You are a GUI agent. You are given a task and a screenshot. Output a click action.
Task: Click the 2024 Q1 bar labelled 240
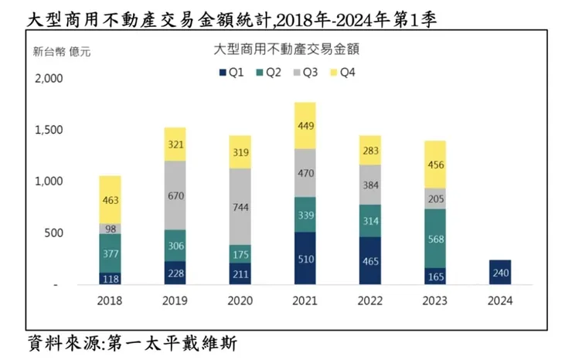click(x=499, y=272)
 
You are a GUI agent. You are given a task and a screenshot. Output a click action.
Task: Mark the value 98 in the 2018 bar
click(x=110, y=229)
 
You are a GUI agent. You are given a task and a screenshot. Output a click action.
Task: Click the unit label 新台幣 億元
click(x=61, y=53)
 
